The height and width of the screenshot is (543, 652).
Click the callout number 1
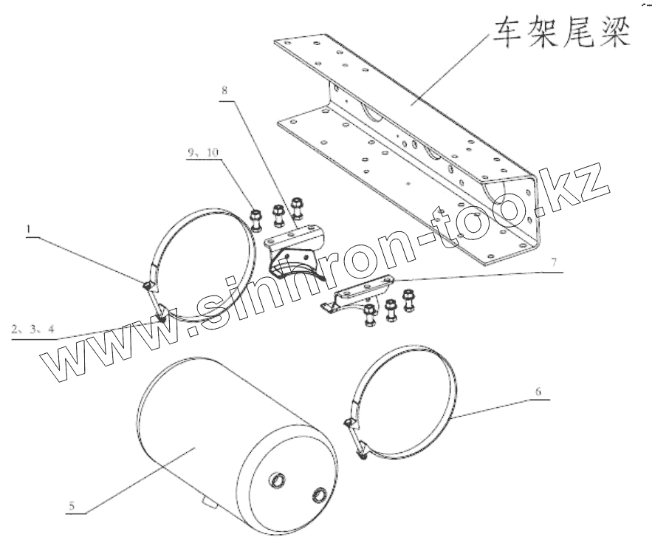point(29,230)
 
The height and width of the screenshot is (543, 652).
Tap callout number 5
point(72,506)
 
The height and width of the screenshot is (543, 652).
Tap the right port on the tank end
point(320,494)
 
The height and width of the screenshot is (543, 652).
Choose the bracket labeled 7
point(354,296)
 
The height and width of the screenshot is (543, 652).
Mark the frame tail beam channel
point(413,148)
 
